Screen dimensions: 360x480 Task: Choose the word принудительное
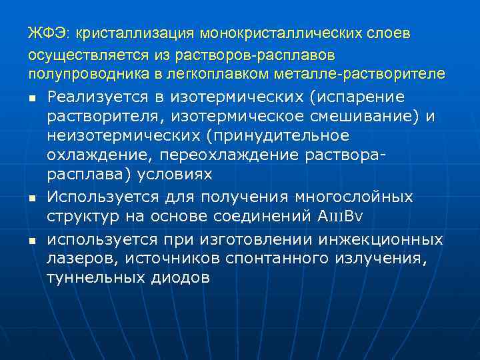[x=295, y=136]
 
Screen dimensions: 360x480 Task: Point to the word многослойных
[x=351, y=197]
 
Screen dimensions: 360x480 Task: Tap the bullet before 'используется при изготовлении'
[x=31, y=240]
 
